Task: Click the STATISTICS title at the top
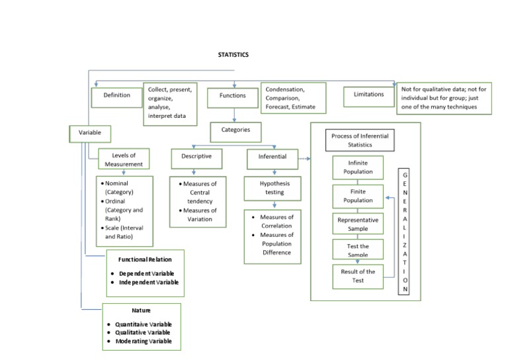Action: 233,55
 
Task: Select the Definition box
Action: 116,97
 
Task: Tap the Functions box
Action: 233,98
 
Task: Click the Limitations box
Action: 368,97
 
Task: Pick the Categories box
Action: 235,132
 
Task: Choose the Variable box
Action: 90,134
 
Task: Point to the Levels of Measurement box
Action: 124,159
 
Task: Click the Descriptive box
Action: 196,159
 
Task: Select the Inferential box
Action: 273,159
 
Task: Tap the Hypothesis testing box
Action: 273,189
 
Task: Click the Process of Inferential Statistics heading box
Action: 360,140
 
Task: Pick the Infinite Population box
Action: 358,167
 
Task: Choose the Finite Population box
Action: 358,197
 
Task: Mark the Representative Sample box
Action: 358,224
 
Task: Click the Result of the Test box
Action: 358,277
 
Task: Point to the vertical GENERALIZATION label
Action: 403,232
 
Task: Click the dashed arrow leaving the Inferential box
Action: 304,159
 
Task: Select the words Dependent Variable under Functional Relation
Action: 146,274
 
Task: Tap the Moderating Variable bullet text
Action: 144,341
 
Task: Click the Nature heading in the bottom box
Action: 142,310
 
